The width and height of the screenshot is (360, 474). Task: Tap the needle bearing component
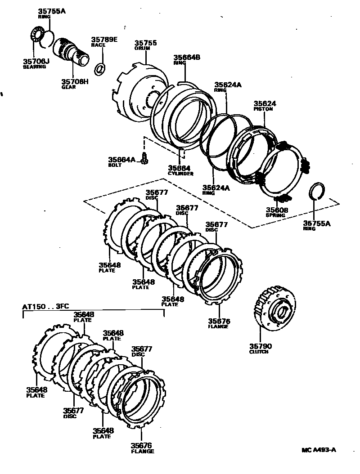(37, 36)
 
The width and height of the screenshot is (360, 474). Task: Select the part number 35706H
(75, 81)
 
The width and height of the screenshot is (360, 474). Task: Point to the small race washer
(100, 69)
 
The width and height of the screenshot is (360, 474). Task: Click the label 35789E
(104, 40)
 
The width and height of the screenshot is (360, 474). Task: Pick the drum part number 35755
(145, 43)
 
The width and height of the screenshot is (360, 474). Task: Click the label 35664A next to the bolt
(121, 160)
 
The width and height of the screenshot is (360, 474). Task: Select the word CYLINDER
(180, 173)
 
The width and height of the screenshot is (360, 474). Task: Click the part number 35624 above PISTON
(265, 103)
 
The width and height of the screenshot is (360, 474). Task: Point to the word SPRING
(275, 215)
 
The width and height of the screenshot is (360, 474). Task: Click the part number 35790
(261, 346)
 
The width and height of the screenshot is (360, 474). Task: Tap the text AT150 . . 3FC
(45, 307)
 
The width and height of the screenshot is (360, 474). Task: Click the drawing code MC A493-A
(319, 450)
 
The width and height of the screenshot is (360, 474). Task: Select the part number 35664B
(187, 58)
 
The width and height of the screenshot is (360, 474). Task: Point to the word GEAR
(69, 87)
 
